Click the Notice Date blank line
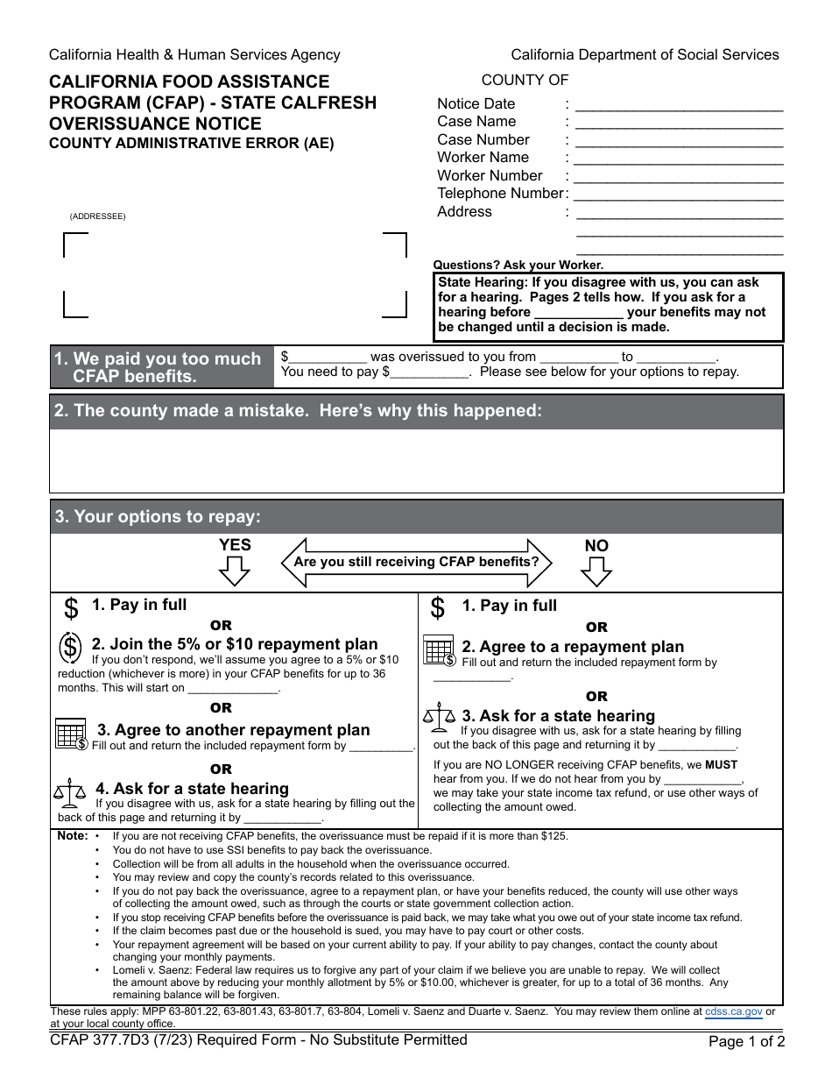[x=679, y=105]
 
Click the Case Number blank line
[x=679, y=141]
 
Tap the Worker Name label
[x=483, y=158]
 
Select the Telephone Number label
[x=500, y=194]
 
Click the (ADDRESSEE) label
[x=98, y=216]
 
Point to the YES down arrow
[x=234, y=571]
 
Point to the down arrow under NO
[x=596, y=571]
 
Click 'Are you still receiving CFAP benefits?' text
[x=416, y=562]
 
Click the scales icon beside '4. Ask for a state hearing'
[x=69, y=793]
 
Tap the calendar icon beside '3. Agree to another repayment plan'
[x=71, y=734]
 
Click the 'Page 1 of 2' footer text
[x=747, y=1043]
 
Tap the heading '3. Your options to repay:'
[x=158, y=517]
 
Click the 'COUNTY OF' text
[x=525, y=81]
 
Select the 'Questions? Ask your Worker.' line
[x=518, y=266]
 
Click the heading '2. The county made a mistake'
[x=298, y=411]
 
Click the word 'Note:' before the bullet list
[x=73, y=836]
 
